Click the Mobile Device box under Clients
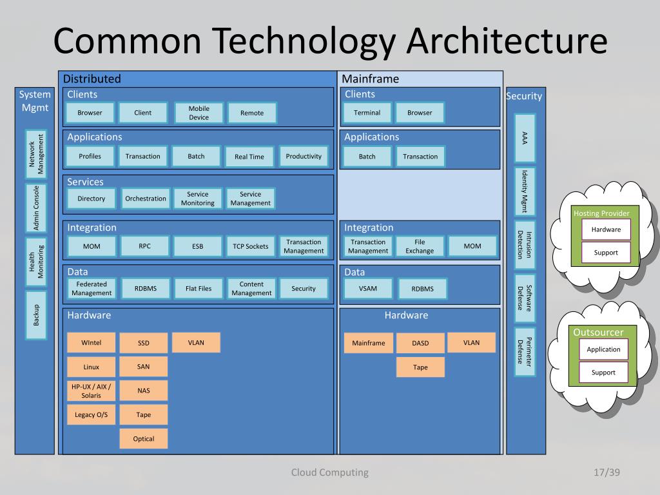click(199, 113)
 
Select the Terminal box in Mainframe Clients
click(367, 113)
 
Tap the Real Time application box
click(249, 157)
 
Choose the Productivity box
click(304, 156)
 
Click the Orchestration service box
click(146, 199)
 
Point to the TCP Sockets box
click(251, 246)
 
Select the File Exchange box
click(420, 246)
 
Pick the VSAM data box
click(368, 289)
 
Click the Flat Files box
click(199, 289)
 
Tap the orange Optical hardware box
click(144, 439)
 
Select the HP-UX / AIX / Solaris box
click(92, 391)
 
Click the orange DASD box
click(420, 344)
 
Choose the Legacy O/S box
click(92, 415)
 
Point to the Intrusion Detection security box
click(525, 245)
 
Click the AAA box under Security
click(525, 137)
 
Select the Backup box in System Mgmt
click(36, 315)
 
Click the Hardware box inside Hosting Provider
click(606, 229)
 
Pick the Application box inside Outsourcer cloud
click(603, 350)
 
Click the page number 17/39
click(607, 472)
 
